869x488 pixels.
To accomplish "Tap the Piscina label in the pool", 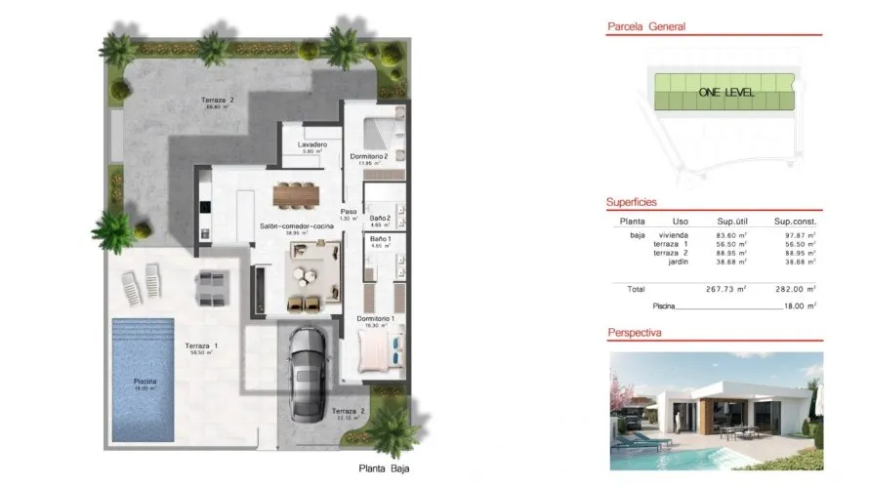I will [x=146, y=381].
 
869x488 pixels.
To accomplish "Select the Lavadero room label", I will [x=312, y=145].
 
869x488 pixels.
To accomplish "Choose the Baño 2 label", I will [x=381, y=218].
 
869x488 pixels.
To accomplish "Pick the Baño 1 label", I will [x=381, y=239].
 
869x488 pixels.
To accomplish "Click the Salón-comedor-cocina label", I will [x=292, y=226].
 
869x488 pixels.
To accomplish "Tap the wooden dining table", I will [x=297, y=194].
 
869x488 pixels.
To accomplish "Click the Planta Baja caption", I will [x=385, y=469].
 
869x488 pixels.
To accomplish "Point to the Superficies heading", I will [x=632, y=202].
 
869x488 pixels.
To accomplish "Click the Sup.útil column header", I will [x=732, y=221].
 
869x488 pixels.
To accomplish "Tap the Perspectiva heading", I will [x=636, y=333].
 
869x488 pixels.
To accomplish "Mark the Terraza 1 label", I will [x=202, y=346].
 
